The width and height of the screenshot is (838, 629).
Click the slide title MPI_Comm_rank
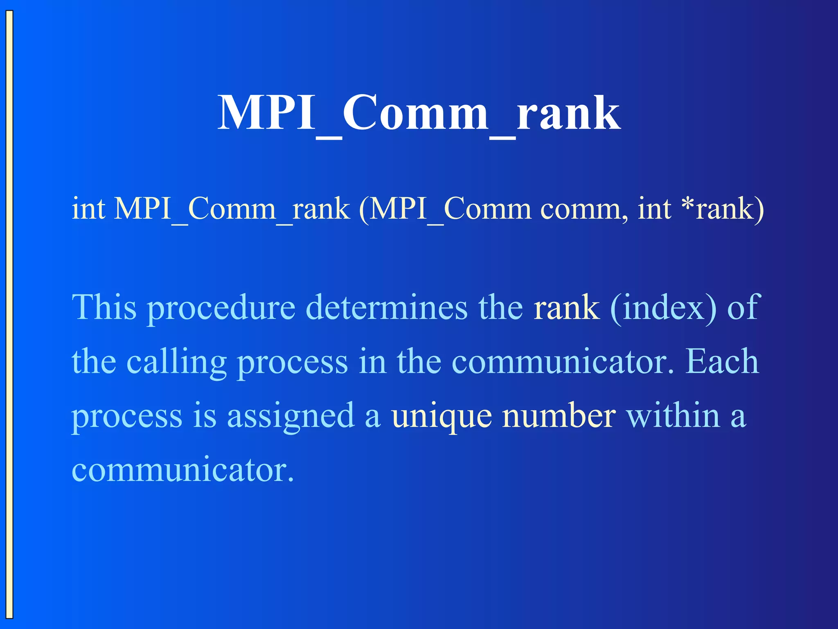(419, 113)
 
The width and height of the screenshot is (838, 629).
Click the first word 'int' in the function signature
(88, 208)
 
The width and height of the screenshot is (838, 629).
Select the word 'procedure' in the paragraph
(221, 308)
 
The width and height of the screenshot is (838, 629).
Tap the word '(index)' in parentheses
(663, 308)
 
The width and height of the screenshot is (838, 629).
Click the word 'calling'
(176, 362)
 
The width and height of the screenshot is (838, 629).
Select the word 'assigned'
(291, 416)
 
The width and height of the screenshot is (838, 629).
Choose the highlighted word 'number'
(559, 415)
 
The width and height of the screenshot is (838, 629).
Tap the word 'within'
(673, 415)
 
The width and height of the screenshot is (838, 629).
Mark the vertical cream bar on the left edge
(9, 314)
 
